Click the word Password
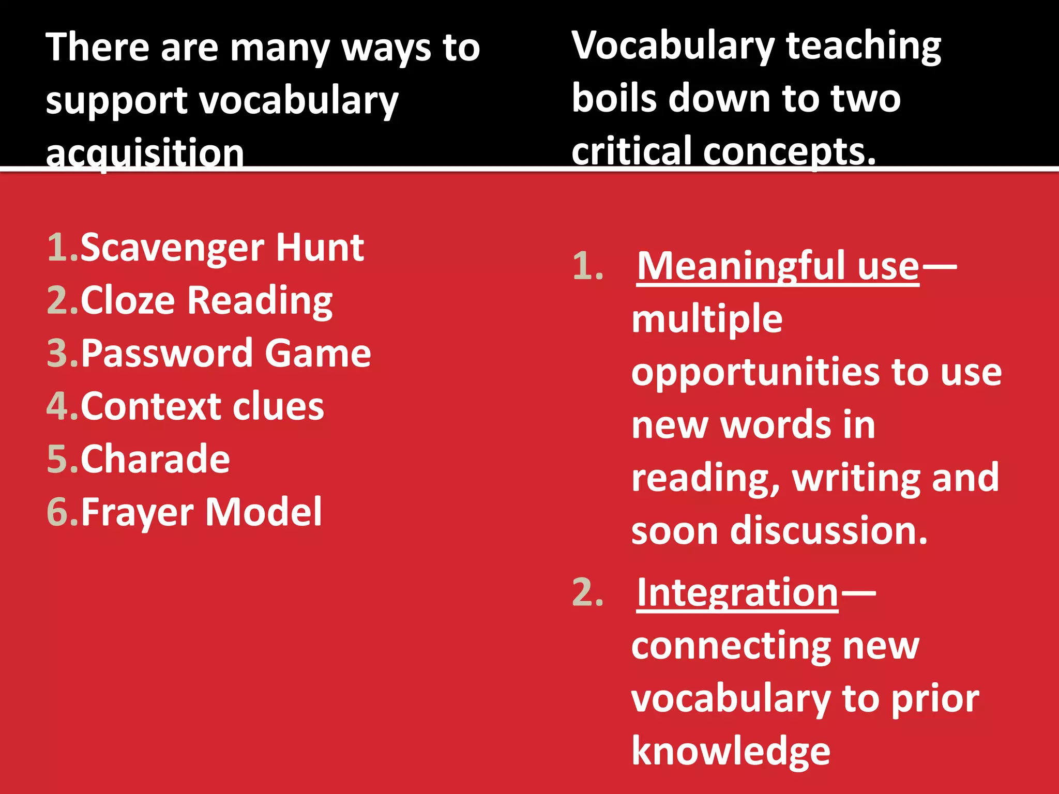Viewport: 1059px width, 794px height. (x=167, y=354)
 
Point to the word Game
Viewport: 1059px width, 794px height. (x=317, y=354)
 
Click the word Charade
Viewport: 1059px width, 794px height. (x=155, y=459)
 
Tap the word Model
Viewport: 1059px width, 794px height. (x=264, y=512)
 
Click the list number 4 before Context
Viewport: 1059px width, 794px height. (x=58, y=406)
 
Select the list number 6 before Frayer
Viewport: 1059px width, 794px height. (x=58, y=512)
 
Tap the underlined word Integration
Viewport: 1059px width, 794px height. (x=737, y=592)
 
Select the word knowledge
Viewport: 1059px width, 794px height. (x=731, y=751)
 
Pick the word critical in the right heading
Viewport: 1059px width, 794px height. (x=631, y=151)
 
